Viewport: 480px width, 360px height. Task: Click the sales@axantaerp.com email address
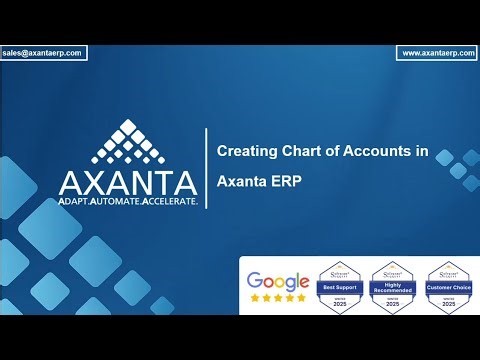click(44, 52)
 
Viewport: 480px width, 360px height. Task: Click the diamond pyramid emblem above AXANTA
click(127, 141)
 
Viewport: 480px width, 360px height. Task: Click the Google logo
click(277, 281)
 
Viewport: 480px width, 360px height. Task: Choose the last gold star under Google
click(301, 298)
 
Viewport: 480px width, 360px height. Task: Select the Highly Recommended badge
click(391, 287)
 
